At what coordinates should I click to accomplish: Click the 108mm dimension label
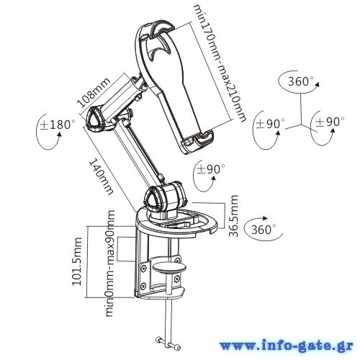pos(94,92)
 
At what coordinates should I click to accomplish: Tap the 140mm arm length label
pos(101,177)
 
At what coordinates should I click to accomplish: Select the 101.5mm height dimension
pos(77,261)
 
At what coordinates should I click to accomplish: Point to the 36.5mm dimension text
pos(233,215)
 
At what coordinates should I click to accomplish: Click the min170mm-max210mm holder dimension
pos(220,63)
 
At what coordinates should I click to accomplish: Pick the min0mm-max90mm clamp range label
pos(109,264)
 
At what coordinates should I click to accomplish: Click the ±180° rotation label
pos(58,125)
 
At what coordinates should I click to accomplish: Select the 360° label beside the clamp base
pos(264,230)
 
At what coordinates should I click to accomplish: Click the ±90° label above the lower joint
pos(211,169)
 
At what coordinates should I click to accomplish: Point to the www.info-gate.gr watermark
pos(287,346)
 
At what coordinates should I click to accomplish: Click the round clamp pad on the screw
pos(170,267)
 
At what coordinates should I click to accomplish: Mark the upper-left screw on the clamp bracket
pos(144,269)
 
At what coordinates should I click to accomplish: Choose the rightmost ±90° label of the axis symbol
pos(330,122)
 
